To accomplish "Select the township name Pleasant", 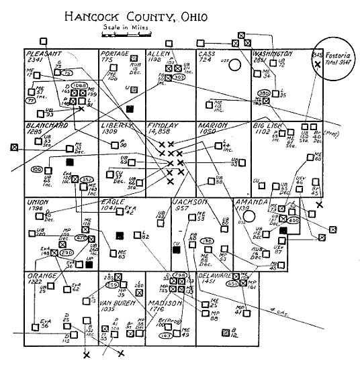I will click(44, 53).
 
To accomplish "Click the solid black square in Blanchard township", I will click(69, 162).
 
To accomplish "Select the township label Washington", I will click(273, 52).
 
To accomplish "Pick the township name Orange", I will click(42, 276).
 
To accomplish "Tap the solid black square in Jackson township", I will click(177, 250).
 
